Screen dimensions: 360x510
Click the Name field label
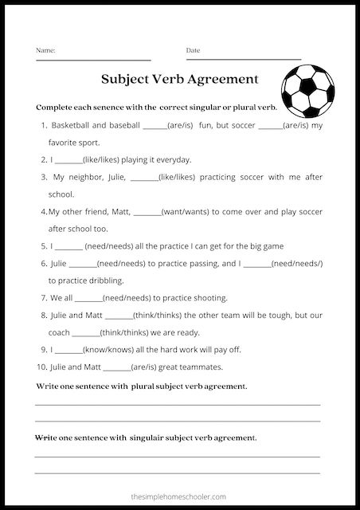[45, 50]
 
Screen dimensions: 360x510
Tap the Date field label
[193, 50]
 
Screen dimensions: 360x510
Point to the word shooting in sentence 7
[209, 298]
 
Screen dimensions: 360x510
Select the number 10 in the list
[42, 367]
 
